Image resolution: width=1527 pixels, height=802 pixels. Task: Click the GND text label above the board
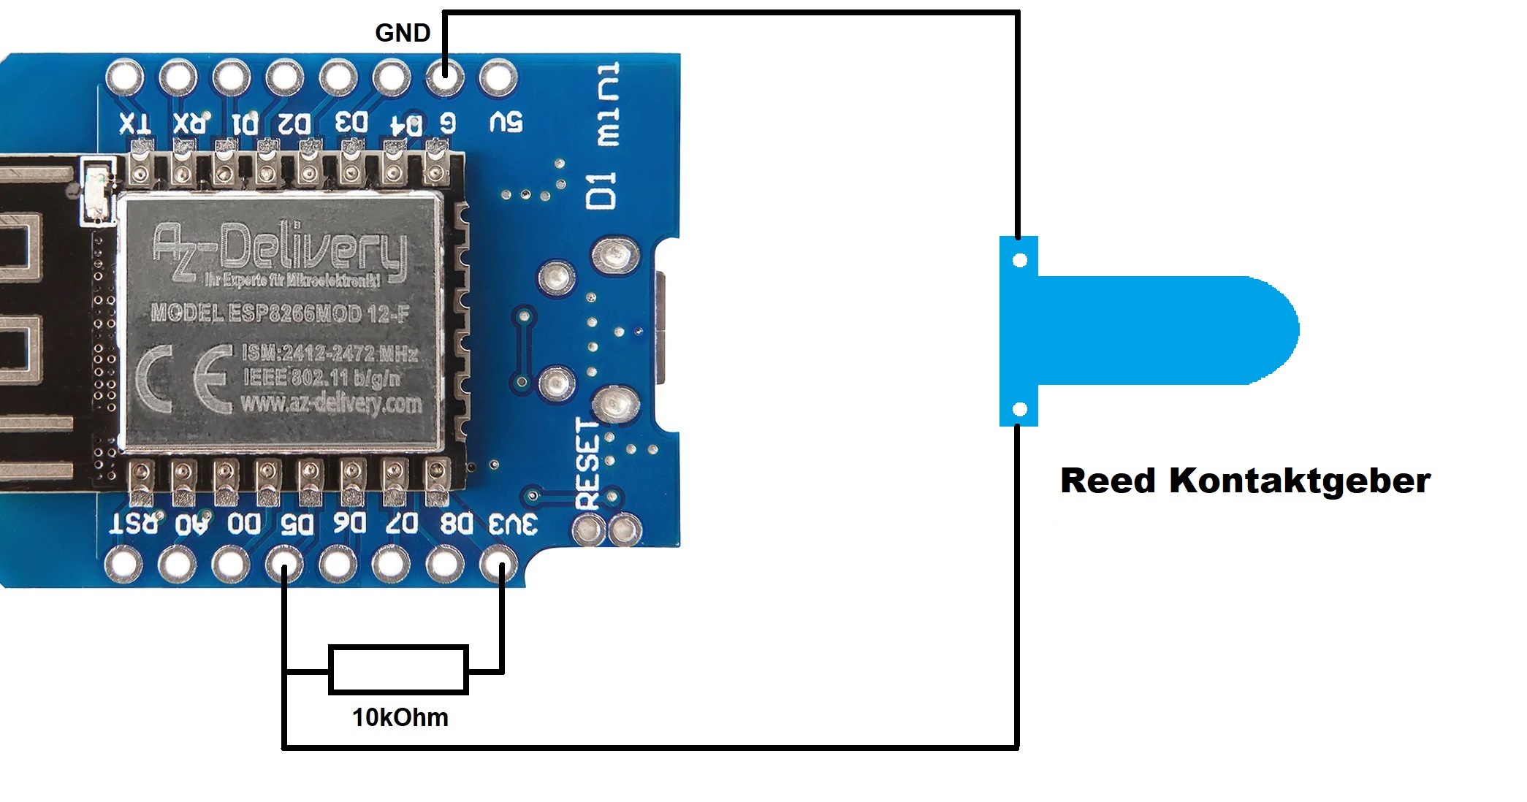click(x=403, y=33)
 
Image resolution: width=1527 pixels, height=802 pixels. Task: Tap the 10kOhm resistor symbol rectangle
click(x=398, y=669)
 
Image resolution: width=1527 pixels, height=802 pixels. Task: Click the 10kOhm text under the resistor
click(x=400, y=717)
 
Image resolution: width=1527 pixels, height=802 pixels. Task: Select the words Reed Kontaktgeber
click(x=1245, y=481)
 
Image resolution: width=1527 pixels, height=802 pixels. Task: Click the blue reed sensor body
click(x=1162, y=330)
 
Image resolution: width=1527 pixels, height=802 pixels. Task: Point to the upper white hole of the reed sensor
click(x=1021, y=260)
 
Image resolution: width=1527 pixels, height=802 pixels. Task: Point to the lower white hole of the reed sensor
click(x=1021, y=409)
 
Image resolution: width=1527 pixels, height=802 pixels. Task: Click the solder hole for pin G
click(x=444, y=76)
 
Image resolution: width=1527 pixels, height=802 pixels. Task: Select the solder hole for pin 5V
click(x=498, y=76)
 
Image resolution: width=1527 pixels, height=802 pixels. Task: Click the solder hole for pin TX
click(x=124, y=77)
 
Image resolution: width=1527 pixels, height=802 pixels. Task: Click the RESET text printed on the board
click(x=588, y=464)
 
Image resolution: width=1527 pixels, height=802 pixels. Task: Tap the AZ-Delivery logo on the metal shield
click(x=280, y=252)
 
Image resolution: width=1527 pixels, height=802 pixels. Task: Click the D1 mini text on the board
click(x=604, y=135)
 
